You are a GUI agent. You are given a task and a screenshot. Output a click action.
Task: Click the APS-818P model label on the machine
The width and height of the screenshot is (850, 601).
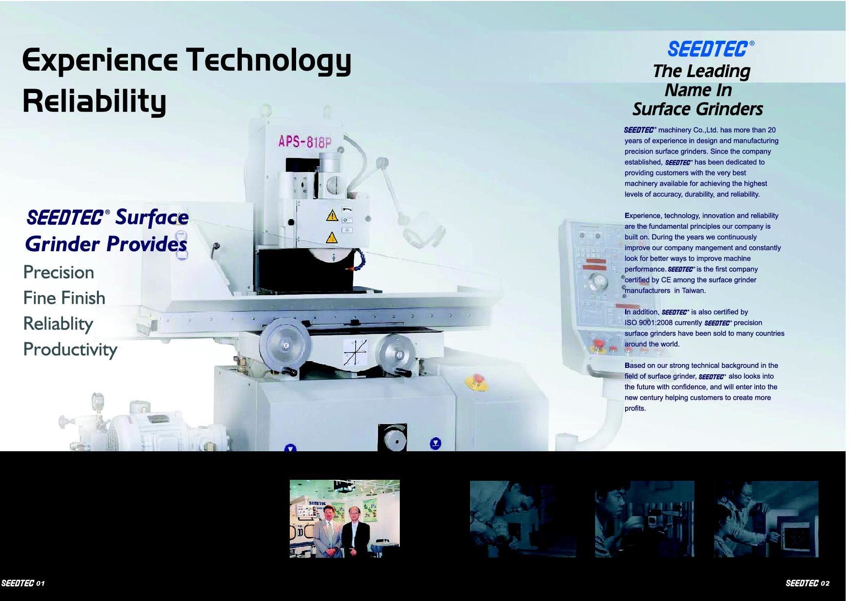(305, 141)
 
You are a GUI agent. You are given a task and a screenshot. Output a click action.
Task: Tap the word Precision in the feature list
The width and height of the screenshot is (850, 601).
(59, 272)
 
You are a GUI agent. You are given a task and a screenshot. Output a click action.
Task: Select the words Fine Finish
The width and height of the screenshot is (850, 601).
(64, 298)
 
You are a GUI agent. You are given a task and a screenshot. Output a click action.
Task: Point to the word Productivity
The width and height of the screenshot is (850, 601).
(70, 349)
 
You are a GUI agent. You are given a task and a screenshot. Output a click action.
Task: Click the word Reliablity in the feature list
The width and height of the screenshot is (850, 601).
(58, 324)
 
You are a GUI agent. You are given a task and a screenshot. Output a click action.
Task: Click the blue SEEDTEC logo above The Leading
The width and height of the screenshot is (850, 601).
(708, 49)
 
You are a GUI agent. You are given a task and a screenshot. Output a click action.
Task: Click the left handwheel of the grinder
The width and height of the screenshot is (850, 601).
(284, 344)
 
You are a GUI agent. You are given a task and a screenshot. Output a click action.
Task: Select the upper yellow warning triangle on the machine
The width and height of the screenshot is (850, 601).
(332, 215)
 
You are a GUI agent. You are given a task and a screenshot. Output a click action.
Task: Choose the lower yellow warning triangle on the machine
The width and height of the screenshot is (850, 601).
(331, 237)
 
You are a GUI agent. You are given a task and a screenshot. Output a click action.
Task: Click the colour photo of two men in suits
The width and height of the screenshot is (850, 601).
(345, 519)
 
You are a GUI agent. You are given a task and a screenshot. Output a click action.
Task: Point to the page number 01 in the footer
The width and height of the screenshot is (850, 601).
(40, 583)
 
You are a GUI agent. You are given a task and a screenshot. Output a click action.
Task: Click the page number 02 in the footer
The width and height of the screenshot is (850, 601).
(825, 583)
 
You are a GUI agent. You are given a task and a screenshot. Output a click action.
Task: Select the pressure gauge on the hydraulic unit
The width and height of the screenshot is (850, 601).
(98, 400)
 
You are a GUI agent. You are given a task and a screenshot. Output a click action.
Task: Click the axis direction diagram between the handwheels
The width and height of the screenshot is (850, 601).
(355, 351)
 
